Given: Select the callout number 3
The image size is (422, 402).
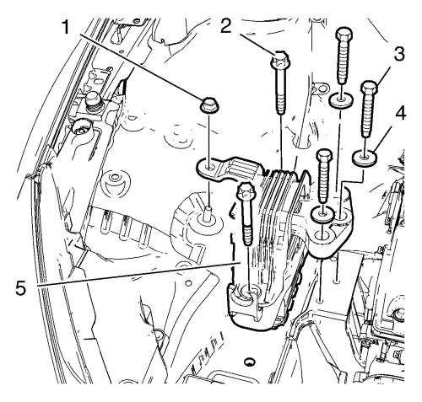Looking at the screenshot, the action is pos(398,54).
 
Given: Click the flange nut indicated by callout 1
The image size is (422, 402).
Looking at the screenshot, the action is pos(209,105).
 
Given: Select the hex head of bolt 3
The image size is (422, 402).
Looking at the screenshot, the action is pos(369,87).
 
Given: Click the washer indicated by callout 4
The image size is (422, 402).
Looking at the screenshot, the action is pos(365,157).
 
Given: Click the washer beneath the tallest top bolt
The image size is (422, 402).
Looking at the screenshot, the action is pos(341,101).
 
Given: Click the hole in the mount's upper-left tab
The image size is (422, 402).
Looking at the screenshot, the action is pos(209,168).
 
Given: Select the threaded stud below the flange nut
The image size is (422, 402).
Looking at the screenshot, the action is pos(208,212).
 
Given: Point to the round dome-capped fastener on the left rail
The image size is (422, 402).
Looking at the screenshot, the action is pos(91,99).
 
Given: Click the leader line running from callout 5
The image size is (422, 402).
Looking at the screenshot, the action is pos(138,274).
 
